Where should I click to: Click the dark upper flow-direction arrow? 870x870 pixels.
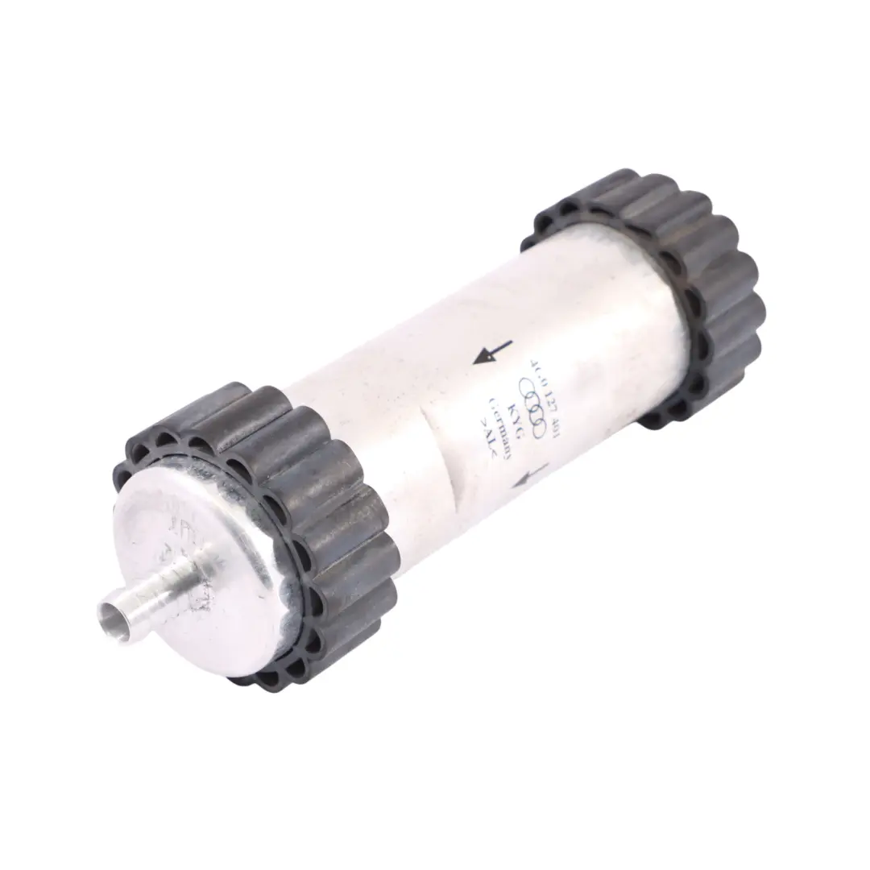coord(493,353)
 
